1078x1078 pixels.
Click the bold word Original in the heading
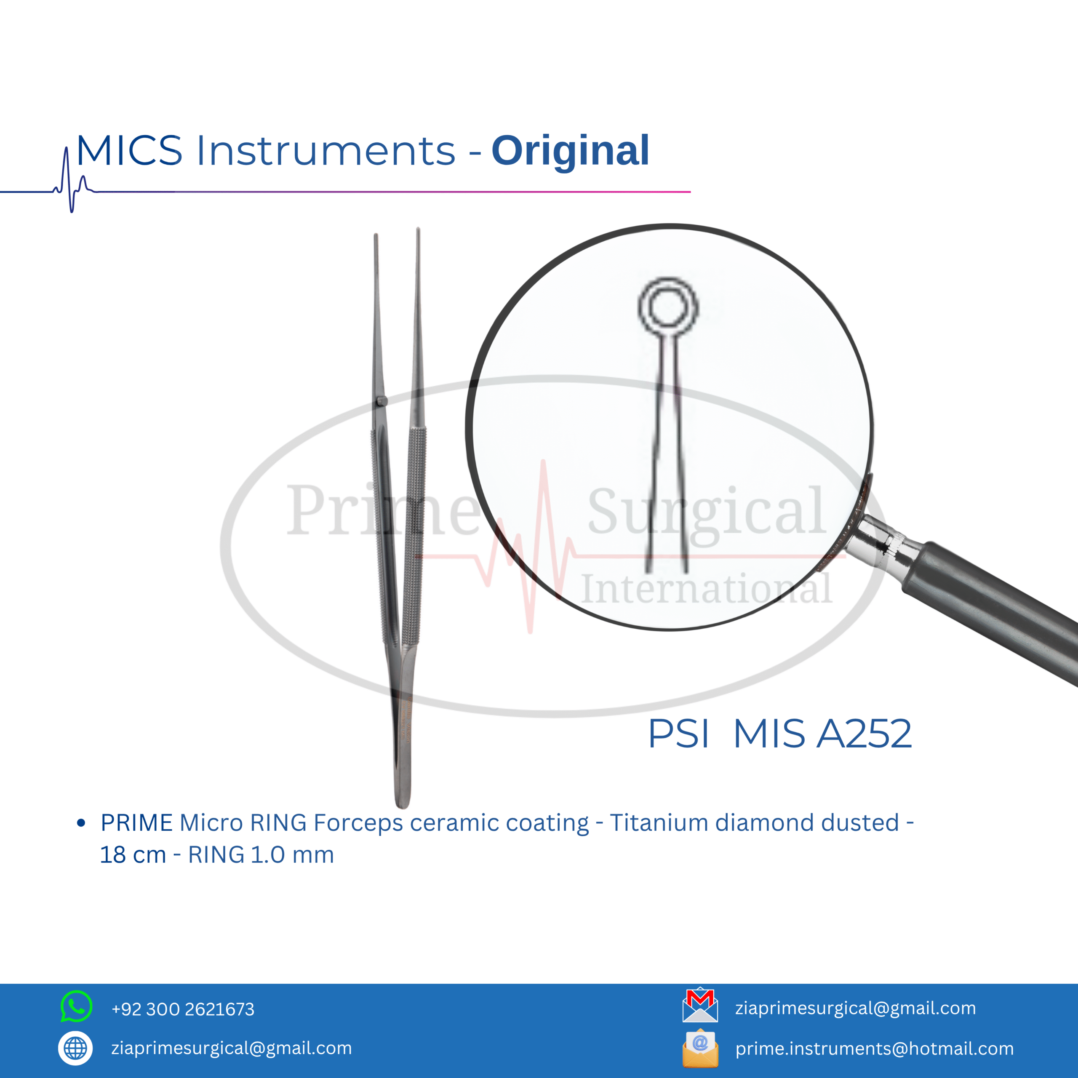(x=570, y=151)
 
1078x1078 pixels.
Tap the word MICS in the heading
(x=129, y=151)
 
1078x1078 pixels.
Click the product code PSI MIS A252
(x=779, y=733)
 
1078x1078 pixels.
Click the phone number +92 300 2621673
(x=183, y=1009)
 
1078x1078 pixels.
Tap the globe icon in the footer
(x=75, y=1049)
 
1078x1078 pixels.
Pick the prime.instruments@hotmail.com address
(x=874, y=1049)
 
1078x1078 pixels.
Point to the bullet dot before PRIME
(x=81, y=823)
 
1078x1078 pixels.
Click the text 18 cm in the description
(x=133, y=855)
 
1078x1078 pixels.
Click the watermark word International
(x=707, y=589)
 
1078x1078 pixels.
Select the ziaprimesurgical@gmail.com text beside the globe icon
(x=232, y=1049)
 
